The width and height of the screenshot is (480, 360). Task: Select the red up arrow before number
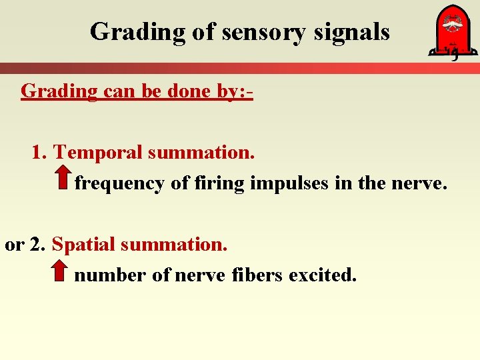[x=59, y=271]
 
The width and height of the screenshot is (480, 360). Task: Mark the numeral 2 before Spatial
[x=35, y=244]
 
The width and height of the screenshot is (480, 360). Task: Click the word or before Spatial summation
[x=13, y=244]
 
